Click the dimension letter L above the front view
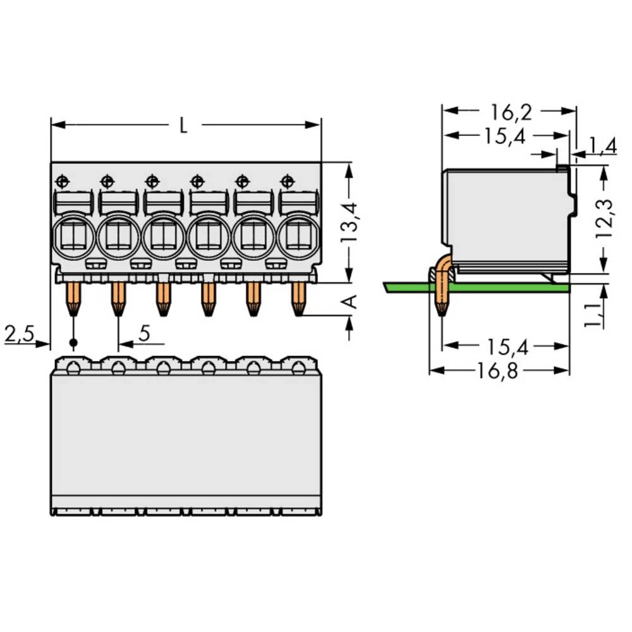(183, 126)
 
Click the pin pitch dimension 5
(144, 334)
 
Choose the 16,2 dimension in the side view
(511, 112)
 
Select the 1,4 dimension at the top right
(601, 147)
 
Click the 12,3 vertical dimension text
(605, 219)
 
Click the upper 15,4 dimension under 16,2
(506, 136)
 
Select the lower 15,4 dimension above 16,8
(507, 346)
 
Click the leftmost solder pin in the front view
(73, 298)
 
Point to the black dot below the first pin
(73, 343)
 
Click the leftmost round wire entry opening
(74, 238)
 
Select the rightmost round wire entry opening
(297, 238)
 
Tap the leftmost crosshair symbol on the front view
(62, 181)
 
